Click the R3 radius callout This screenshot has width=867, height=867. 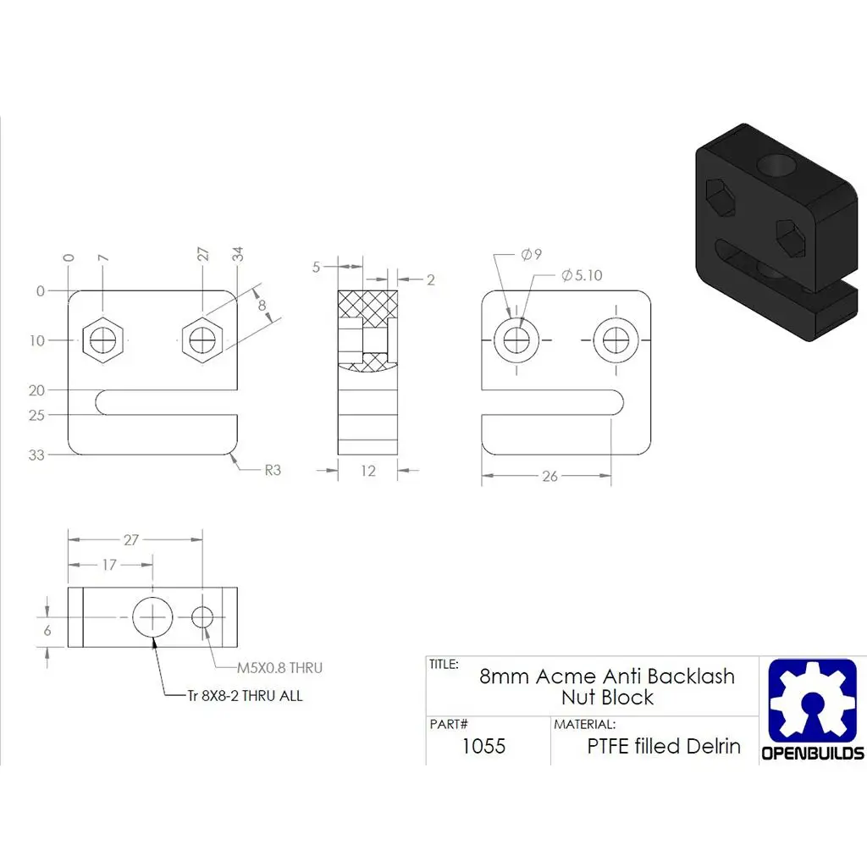272,470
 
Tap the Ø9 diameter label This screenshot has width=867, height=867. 532,254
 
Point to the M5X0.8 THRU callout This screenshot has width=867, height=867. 279,668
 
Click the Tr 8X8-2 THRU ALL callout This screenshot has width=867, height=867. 245,696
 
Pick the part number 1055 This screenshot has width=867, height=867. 483,746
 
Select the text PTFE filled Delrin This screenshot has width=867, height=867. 664,746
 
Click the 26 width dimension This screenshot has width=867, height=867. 549,477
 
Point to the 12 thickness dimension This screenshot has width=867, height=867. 367,471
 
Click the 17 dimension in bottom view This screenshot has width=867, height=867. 108,565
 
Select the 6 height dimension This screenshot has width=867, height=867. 47,630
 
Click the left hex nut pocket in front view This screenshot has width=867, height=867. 104,340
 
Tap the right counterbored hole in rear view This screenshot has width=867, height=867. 616,340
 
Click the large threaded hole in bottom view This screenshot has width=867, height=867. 152,617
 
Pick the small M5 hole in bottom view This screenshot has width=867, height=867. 202,617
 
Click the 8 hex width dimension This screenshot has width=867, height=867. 262,305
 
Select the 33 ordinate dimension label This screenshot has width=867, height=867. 36,455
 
